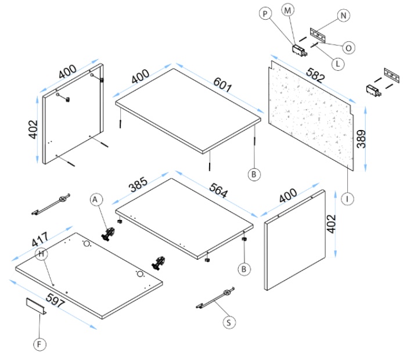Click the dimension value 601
(221, 85)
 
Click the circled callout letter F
(39, 344)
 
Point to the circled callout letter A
(96, 199)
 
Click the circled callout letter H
(41, 254)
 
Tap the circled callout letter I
(347, 199)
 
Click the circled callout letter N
(343, 16)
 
